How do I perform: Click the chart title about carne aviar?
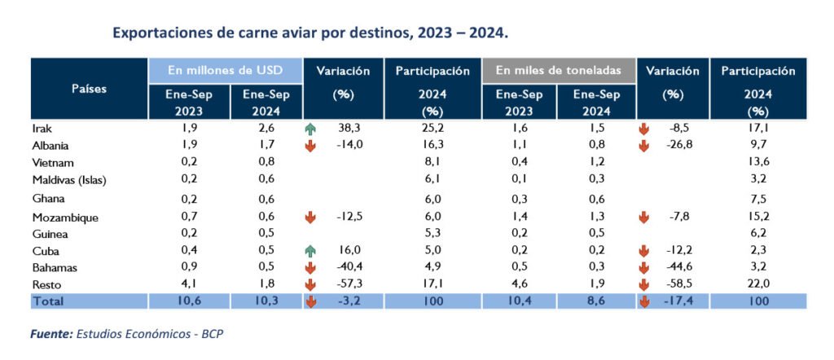(x=310, y=33)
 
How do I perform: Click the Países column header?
(x=90, y=88)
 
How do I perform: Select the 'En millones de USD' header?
(x=225, y=70)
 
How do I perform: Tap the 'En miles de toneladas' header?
(x=559, y=70)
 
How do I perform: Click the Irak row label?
(x=41, y=128)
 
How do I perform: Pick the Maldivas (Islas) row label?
(x=69, y=181)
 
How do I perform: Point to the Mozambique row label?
(x=65, y=217)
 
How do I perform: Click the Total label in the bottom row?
(x=48, y=301)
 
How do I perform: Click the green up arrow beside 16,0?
(x=310, y=251)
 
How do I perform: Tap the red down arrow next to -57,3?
(x=310, y=285)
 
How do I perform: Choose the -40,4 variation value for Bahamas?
(x=348, y=268)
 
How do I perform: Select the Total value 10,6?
(x=189, y=301)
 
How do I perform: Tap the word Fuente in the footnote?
(x=50, y=335)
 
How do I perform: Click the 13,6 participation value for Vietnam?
(x=758, y=162)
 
